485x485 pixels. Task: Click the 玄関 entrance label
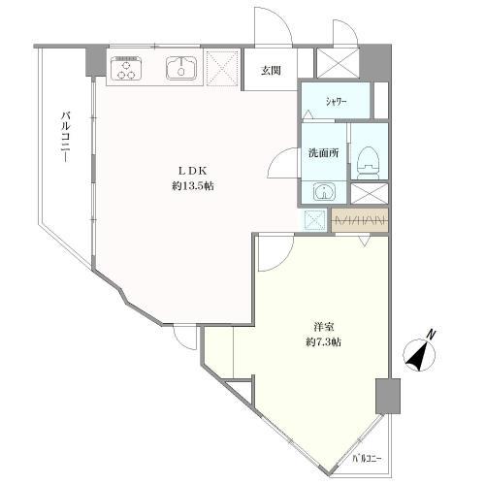click(x=271, y=71)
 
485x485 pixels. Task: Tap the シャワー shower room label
click(x=337, y=103)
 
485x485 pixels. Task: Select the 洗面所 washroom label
click(x=324, y=152)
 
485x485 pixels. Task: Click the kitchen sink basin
click(x=181, y=68)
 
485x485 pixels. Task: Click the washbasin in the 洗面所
click(x=324, y=192)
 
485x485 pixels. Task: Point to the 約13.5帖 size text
click(x=193, y=186)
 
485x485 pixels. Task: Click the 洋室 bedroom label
click(x=323, y=327)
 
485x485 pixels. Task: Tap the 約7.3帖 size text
click(x=323, y=342)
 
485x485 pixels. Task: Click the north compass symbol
click(x=420, y=355)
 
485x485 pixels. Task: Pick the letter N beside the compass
click(x=431, y=335)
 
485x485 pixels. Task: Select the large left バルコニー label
click(x=66, y=137)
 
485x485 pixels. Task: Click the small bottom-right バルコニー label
click(x=368, y=458)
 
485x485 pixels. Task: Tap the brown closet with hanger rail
click(x=360, y=220)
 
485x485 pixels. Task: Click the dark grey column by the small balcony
click(x=388, y=396)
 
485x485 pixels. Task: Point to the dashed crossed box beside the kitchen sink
click(x=223, y=68)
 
